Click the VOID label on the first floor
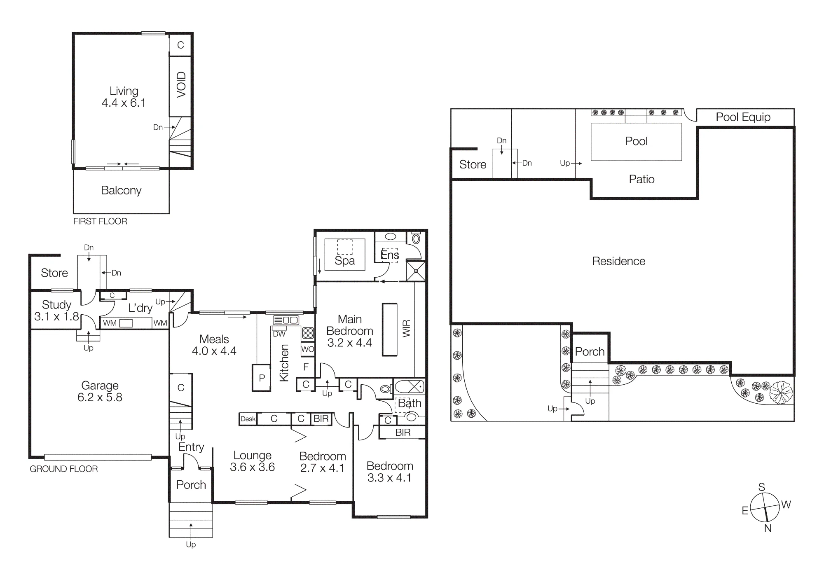click(x=181, y=84)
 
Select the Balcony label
click(x=121, y=190)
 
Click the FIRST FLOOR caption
click(x=100, y=221)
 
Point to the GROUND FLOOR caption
click(x=64, y=469)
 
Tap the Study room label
click(x=56, y=305)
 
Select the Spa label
click(x=345, y=261)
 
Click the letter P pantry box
click(x=262, y=378)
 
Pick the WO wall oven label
click(x=307, y=349)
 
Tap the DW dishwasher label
click(x=279, y=334)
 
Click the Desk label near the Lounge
click(x=248, y=419)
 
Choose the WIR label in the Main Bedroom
click(x=406, y=328)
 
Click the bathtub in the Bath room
click(x=410, y=387)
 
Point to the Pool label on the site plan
click(x=636, y=141)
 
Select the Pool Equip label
click(x=743, y=117)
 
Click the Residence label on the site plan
click(x=619, y=261)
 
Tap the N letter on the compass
click(x=768, y=528)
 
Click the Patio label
click(x=641, y=179)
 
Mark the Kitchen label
click(x=284, y=363)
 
